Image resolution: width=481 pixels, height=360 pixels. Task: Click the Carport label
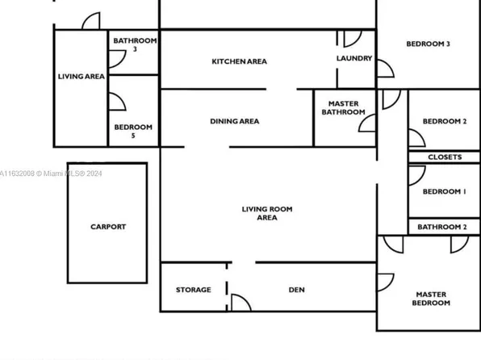pos(107,227)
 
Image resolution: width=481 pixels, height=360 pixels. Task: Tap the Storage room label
pos(194,290)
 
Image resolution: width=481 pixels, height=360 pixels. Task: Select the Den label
pos(296,290)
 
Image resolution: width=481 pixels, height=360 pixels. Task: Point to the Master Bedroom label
pos(431,299)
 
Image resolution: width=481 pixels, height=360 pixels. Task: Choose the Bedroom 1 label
pos(444,191)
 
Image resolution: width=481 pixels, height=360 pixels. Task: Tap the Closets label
pos(445,157)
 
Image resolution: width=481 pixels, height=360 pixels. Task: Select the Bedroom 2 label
pos(445,122)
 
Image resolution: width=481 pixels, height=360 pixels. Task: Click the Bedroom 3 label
pos(428,44)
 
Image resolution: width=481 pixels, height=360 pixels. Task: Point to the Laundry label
pos(354,59)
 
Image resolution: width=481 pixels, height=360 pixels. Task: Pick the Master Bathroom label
pos(344,108)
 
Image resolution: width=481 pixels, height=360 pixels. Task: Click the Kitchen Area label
pos(239,61)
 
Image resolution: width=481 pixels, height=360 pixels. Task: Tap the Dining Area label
pos(235,122)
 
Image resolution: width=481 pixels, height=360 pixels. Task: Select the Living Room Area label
pos(267,213)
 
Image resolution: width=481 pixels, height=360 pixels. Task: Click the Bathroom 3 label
pos(135,44)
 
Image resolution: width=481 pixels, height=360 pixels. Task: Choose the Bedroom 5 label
pos(133,131)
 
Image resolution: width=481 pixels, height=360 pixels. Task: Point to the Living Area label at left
pos(82,77)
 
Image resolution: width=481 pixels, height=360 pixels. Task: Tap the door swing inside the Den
pos(240,302)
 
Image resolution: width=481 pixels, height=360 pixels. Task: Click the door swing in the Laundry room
pos(352,39)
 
